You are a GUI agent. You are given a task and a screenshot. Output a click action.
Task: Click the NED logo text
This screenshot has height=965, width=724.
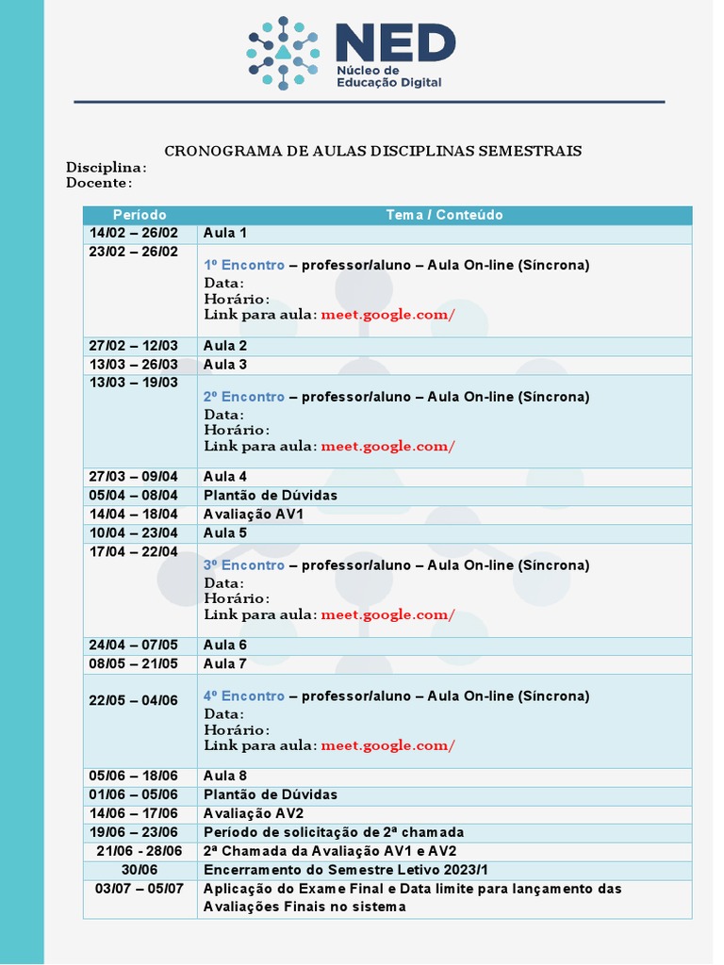click(395, 43)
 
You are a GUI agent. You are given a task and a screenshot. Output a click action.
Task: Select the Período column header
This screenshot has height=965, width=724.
click(140, 215)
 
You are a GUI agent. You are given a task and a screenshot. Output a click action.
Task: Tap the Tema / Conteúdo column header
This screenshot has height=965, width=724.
click(444, 215)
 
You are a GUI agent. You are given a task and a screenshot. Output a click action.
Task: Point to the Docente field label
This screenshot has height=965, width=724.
click(98, 182)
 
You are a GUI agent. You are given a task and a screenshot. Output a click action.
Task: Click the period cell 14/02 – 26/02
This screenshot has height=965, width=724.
click(134, 233)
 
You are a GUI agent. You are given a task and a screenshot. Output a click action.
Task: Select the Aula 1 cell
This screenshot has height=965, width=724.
click(225, 233)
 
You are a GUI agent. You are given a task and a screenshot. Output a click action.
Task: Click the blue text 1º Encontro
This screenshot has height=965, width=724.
click(244, 265)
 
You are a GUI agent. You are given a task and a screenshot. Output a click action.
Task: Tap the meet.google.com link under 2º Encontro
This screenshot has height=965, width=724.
click(387, 446)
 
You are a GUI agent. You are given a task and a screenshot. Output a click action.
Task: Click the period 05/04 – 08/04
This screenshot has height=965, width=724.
click(134, 495)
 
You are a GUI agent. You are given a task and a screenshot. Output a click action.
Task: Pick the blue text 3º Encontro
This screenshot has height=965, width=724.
click(244, 564)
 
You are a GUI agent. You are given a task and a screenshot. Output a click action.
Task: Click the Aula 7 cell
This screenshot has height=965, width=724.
click(225, 663)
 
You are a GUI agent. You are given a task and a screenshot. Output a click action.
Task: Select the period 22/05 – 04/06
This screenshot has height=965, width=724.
click(134, 700)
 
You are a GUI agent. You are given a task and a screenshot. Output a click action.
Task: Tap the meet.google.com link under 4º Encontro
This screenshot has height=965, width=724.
click(387, 745)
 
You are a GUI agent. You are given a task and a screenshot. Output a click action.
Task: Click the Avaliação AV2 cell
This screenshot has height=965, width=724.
click(254, 813)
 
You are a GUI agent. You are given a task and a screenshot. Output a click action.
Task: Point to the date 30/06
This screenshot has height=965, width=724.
click(140, 870)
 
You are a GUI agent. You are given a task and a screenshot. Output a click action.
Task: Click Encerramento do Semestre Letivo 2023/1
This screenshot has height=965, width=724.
click(346, 870)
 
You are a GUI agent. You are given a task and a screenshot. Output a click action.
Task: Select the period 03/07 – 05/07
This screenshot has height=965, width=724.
click(140, 889)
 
